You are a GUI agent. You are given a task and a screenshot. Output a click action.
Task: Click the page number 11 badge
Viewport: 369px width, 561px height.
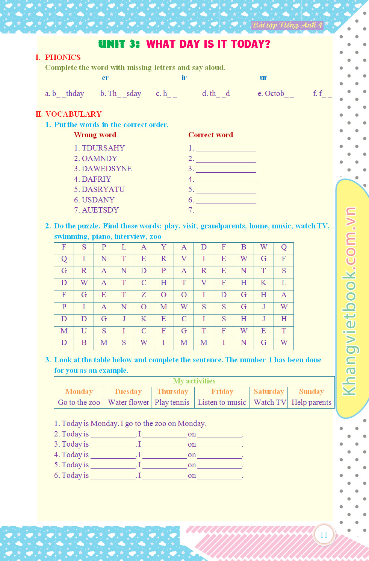coord(324,535)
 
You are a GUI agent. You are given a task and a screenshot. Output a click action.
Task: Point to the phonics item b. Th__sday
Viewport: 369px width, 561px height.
coord(121,93)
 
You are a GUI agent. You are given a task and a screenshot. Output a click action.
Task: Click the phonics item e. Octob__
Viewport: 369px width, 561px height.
coord(275,93)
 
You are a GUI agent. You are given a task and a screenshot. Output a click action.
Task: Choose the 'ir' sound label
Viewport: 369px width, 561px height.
coord(184,78)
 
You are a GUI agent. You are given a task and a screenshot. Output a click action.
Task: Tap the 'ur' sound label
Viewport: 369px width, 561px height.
coord(263,78)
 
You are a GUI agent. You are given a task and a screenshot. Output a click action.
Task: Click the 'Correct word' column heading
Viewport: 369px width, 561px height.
coord(210,135)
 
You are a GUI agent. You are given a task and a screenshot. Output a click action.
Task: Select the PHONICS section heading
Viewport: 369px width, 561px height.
coord(62,57)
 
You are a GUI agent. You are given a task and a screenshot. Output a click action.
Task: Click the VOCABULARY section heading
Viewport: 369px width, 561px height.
coord(73,114)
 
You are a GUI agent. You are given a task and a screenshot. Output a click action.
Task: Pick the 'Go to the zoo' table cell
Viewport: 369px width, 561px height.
coord(79,402)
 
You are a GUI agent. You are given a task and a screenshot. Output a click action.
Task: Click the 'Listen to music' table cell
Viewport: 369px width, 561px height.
coord(222,402)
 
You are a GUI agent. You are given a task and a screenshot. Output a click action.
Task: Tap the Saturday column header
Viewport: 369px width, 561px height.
coord(269,392)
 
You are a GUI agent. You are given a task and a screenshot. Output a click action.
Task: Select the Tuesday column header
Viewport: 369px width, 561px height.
coord(128,392)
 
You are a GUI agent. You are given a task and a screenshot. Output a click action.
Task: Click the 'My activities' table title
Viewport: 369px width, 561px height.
coord(194,381)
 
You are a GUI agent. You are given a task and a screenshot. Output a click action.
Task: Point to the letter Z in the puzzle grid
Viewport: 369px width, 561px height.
coord(144,295)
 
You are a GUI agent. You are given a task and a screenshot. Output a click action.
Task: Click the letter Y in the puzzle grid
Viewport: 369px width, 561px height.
coord(163,247)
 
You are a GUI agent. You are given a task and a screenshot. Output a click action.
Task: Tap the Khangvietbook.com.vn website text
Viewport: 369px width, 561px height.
coord(349,301)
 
